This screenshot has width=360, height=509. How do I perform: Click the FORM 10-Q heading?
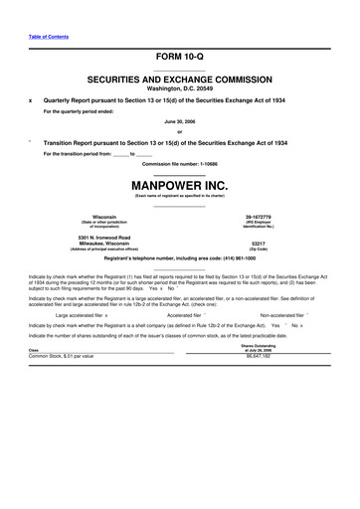coord(179,57)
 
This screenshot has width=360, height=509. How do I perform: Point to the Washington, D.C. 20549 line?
coord(180,86)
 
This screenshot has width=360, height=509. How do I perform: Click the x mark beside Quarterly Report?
coord(31,100)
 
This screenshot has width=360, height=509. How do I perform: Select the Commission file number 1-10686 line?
coord(180,163)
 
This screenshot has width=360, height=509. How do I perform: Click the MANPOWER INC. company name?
coord(180,185)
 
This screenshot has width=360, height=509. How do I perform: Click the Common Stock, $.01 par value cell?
coord(62,355)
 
